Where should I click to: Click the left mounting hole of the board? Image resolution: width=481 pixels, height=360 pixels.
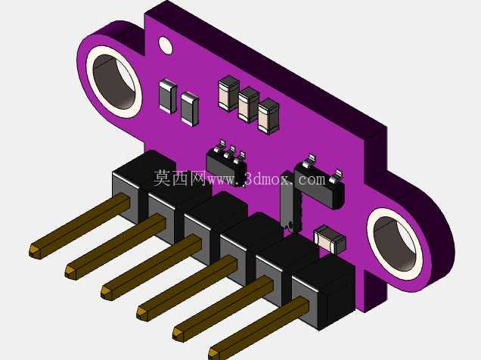(x=114, y=82)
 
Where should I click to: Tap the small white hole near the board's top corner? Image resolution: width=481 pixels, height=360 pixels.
(x=166, y=45)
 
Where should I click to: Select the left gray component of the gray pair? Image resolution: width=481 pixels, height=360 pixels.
(x=167, y=96)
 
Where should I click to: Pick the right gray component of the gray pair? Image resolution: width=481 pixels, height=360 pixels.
(x=189, y=109)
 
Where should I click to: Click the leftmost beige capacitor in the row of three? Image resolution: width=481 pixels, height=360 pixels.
(x=228, y=93)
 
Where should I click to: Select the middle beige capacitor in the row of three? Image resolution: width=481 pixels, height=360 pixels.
(x=249, y=105)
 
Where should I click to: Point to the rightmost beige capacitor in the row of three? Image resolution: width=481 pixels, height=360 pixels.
(x=268, y=116)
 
